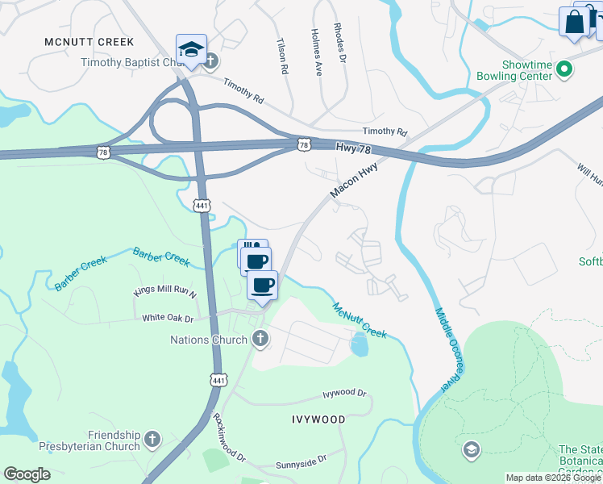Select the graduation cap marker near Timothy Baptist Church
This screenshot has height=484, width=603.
[191, 50]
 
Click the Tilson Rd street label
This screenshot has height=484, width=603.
[282, 57]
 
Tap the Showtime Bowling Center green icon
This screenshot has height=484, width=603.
[564, 70]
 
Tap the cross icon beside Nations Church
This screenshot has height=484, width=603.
[260, 340]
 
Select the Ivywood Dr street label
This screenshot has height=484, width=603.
[344, 394]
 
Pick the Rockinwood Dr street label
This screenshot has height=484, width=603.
[228, 436]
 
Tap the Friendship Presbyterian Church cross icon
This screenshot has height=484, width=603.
[153, 440]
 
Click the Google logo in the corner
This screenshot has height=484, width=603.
[27, 474]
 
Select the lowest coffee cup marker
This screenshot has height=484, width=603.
[262, 285]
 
